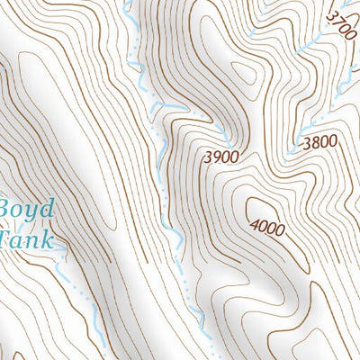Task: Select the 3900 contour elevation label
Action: (x=221, y=157)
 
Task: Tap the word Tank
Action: (x=25, y=240)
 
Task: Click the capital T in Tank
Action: (x=5, y=240)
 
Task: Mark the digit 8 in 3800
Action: (x=316, y=141)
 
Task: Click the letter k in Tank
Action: (x=47, y=240)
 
